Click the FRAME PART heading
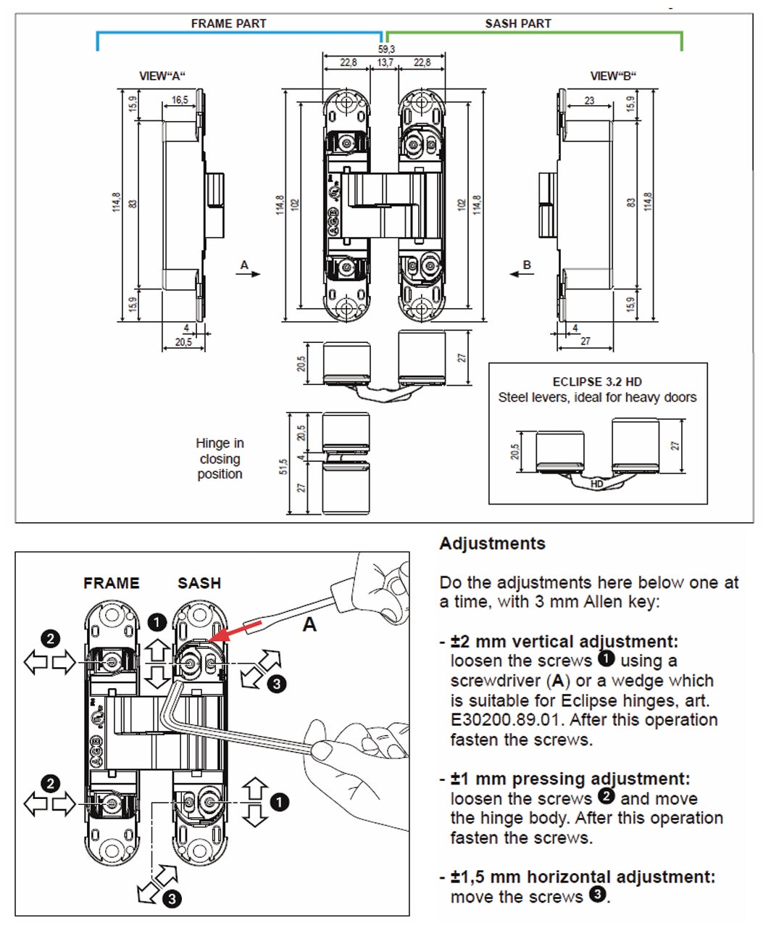coord(228,23)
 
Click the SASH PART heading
coord(518,23)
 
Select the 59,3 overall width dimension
coord(386,49)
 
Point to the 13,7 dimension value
coord(385,63)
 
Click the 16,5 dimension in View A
coord(180,100)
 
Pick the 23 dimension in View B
coord(589,101)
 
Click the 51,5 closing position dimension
coord(284,466)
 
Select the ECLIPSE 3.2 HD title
coord(597,381)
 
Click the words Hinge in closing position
coord(220,458)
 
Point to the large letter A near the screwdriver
coord(309,625)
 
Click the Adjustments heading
coord(493,544)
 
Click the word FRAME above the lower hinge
coord(112,583)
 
